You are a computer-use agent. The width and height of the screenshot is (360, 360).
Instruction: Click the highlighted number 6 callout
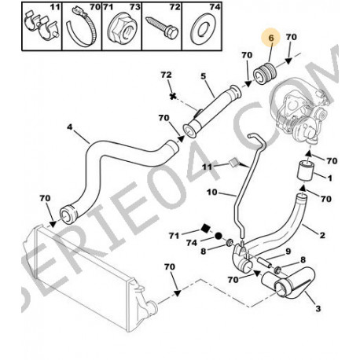tap(271, 38)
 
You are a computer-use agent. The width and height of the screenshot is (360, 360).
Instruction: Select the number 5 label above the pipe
tap(204, 76)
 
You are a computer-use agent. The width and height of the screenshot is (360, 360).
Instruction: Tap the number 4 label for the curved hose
tap(69, 127)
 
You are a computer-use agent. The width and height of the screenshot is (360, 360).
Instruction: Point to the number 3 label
tap(318, 308)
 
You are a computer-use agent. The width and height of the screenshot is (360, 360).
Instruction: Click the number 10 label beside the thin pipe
tap(212, 193)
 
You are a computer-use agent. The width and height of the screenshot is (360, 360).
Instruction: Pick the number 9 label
tap(288, 252)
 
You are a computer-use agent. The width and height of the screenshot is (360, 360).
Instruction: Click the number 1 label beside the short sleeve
tap(330, 178)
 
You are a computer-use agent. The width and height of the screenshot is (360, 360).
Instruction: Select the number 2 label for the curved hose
tap(322, 235)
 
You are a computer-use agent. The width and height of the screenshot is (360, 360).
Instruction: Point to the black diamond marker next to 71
tap(205, 229)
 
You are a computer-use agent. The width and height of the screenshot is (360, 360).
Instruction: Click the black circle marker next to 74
tap(219, 236)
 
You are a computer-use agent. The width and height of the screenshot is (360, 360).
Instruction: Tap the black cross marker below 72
tap(172, 96)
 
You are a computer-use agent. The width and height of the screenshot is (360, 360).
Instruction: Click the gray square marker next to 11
tap(233, 163)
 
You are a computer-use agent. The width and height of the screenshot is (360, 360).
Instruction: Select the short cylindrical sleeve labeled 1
tap(305, 171)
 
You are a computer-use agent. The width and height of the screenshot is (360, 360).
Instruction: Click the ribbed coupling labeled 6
tap(264, 73)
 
